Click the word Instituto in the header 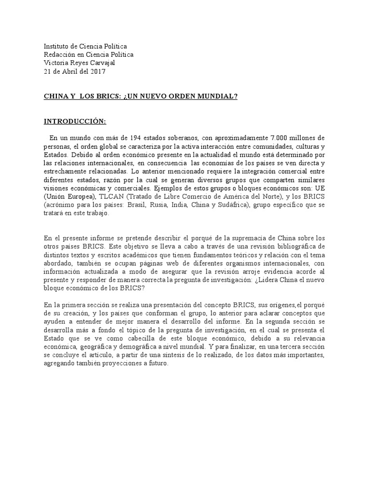[57, 46]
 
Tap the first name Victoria [56, 64]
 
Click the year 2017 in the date [97, 72]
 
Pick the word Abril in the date [73, 72]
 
